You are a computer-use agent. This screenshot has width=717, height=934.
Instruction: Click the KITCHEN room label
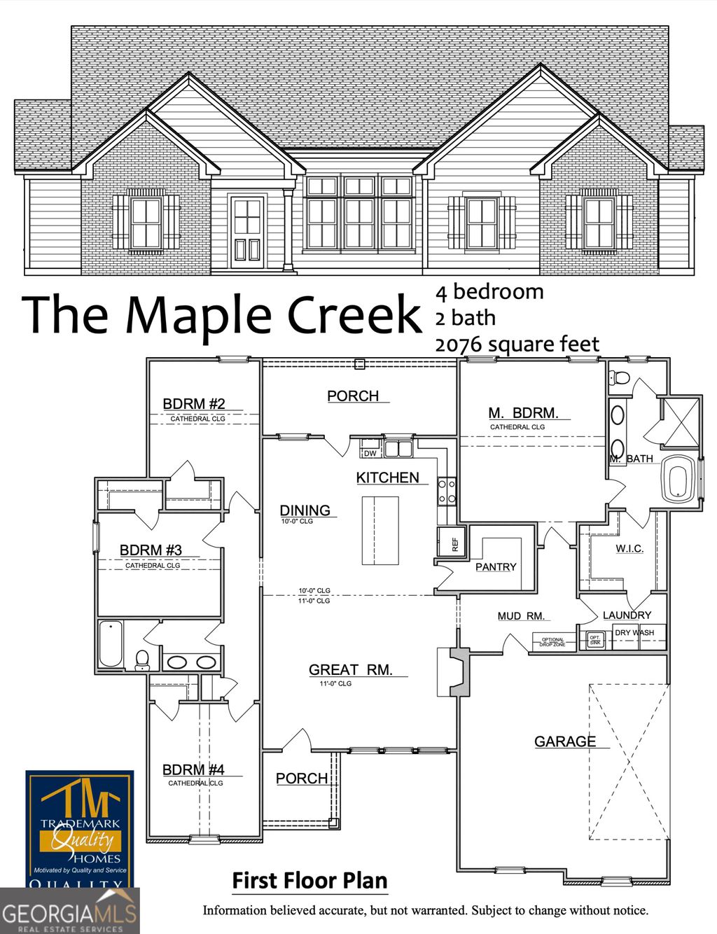[387, 478]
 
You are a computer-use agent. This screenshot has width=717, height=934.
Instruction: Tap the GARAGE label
[565, 741]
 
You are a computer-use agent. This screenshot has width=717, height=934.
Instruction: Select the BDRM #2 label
[194, 404]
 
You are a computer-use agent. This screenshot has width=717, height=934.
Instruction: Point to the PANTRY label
[496, 567]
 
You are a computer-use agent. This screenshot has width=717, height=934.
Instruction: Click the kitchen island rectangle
[380, 530]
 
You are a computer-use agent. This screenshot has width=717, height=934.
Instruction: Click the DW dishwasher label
[370, 454]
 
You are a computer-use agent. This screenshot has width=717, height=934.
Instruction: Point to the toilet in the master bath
[620, 377]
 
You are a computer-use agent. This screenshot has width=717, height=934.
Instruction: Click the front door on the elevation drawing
[247, 232]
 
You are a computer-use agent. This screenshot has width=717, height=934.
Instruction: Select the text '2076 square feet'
[517, 344]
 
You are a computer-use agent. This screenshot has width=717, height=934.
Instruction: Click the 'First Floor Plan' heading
[309, 881]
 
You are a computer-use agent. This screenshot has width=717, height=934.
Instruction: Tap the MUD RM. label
[521, 616]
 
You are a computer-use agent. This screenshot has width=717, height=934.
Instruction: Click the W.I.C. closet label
[629, 548]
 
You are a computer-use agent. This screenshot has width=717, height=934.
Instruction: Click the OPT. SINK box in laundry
[594, 640]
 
